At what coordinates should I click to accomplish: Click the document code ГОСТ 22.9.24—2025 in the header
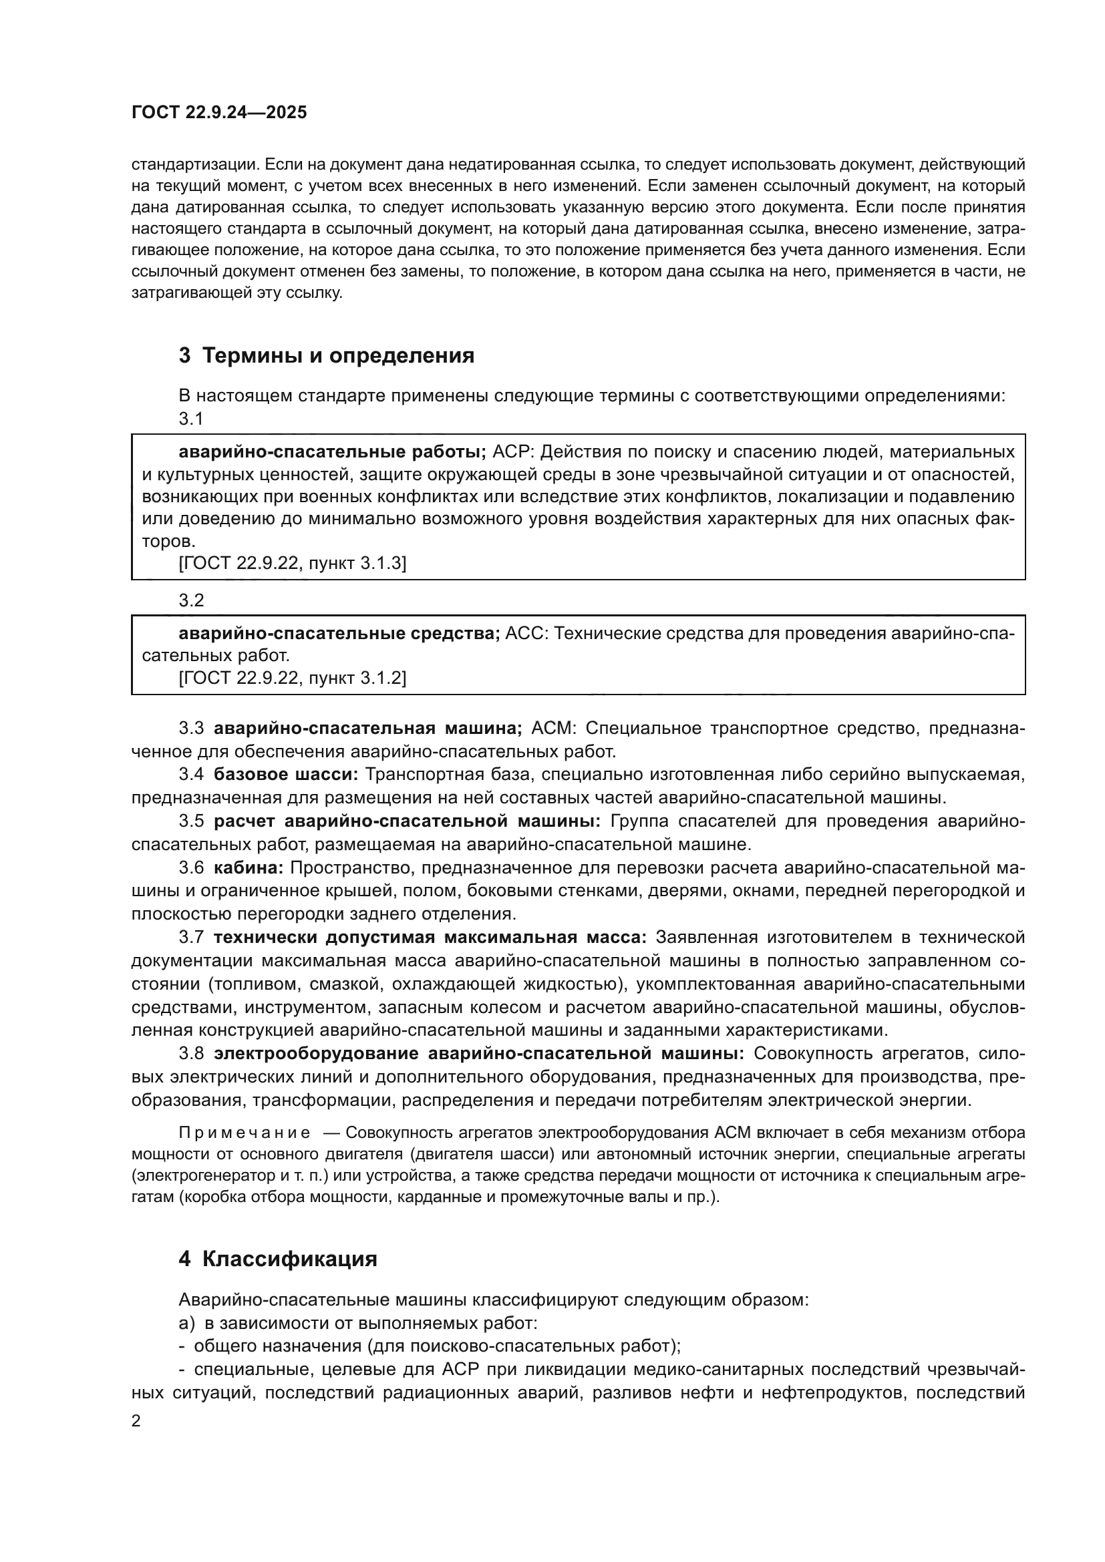[219, 112]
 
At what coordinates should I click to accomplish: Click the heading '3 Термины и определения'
[326, 355]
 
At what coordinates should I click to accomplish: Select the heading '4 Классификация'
[278, 1259]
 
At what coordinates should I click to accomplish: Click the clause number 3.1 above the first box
[191, 419]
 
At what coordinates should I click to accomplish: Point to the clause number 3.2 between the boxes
[191, 600]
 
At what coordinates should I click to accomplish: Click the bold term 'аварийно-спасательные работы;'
[332, 451]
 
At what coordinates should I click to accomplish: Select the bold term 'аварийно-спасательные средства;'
[339, 633]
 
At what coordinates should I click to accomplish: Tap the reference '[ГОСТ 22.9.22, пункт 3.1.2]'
[292, 678]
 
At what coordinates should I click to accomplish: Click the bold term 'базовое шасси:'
[286, 774]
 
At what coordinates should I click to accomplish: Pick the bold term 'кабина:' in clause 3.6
[249, 867]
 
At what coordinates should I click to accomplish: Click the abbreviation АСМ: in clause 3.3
[553, 728]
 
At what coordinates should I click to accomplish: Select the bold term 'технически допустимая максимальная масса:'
[430, 937]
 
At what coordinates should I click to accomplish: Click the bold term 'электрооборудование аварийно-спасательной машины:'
[479, 1053]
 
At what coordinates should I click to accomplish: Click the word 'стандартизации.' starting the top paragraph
[194, 164]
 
